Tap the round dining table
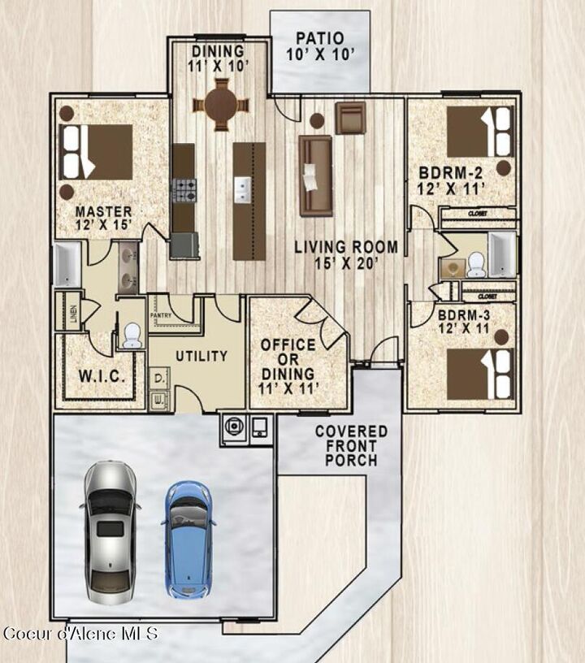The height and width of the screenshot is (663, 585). coord(221,103)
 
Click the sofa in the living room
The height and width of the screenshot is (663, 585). coord(315,175)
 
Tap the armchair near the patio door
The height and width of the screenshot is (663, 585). coord(351,118)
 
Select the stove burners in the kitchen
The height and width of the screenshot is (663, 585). coord(184,190)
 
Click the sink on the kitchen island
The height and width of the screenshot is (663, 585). coord(243,192)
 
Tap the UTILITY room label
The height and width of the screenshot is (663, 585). coord(200,356)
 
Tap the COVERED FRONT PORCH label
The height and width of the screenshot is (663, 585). coord(351,445)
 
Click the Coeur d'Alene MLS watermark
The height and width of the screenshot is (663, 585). coord(81,633)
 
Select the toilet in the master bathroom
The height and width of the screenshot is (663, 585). coord(131,334)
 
